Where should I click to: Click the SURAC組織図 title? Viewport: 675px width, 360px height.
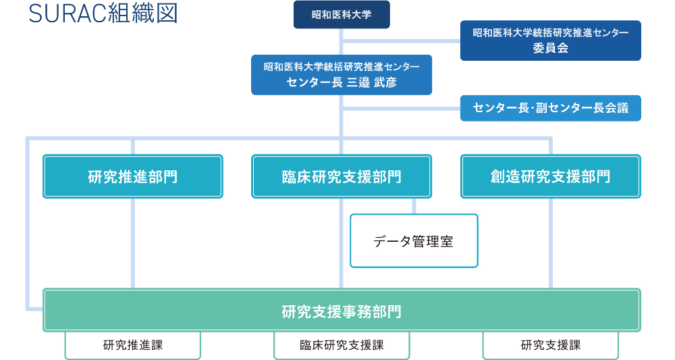click(103, 14)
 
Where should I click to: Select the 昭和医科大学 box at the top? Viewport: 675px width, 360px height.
click(342, 14)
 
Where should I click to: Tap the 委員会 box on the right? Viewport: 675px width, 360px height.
click(550, 41)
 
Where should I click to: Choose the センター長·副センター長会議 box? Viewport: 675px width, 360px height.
click(550, 107)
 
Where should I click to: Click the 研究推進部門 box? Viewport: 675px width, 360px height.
click(133, 176)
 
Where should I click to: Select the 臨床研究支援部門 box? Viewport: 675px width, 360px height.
click(342, 176)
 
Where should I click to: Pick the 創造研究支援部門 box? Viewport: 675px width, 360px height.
click(550, 176)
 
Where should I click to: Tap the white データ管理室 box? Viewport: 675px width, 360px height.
click(413, 241)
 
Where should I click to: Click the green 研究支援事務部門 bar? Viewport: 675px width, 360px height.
click(342, 311)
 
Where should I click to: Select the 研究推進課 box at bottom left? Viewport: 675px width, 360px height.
click(133, 345)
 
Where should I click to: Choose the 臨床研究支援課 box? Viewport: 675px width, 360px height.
click(342, 345)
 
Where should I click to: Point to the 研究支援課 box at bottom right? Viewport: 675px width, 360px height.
click(550, 345)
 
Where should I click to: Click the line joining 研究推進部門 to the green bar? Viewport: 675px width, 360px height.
click(133, 243)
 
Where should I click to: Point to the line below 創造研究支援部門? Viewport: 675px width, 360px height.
click(550, 243)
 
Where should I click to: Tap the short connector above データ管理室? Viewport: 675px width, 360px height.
click(413, 206)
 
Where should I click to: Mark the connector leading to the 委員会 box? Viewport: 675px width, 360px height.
click(402, 41)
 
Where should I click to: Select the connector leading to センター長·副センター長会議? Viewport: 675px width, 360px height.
click(402, 108)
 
